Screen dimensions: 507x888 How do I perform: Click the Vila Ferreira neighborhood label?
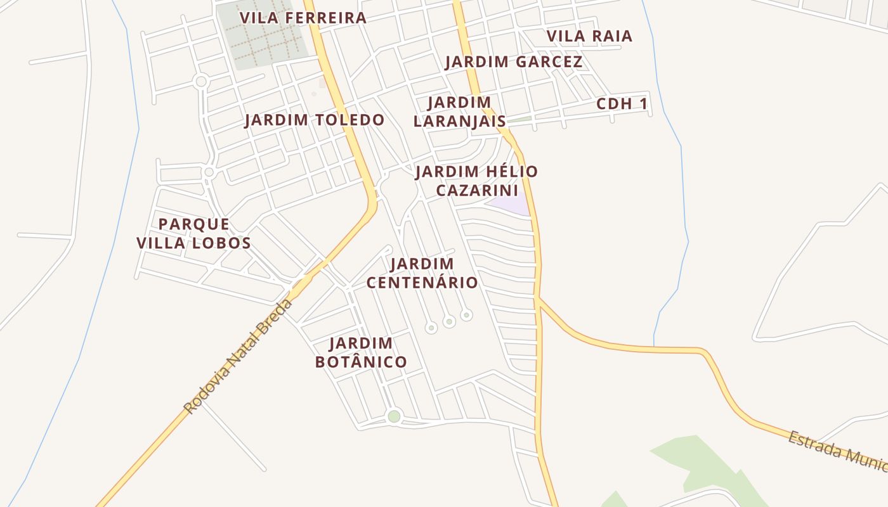pyautogui.click(x=303, y=18)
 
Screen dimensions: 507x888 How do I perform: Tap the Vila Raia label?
pyautogui.click(x=589, y=36)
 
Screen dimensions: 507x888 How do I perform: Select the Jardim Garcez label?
pyautogui.click(x=513, y=62)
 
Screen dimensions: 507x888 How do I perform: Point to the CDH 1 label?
pyautogui.click(x=622, y=104)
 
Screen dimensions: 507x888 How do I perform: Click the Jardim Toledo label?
pyautogui.click(x=315, y=120)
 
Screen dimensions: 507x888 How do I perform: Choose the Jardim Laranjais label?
pyautogui.click(x=459, y=112)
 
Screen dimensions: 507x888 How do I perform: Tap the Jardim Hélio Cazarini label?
pyautogui.click(x=476, y=181)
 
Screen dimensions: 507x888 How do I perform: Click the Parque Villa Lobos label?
pyautogui.click(x=193, y=233)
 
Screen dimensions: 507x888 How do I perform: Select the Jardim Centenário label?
pyautogui.click(x=422, y=273)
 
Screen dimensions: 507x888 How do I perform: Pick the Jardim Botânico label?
pyautogui.click(x=361, y=353)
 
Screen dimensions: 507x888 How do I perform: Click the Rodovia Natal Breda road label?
pyautogui.click(x=238, y=357)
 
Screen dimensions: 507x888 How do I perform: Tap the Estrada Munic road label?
pyautogui.click(x=837, y=451)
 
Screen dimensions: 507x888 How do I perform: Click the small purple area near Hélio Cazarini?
pyautogui.click(x=512, y=205)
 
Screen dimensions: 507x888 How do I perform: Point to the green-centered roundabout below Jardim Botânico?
pyautogui.click(x=394, y=416)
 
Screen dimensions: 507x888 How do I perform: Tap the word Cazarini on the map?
pyautogui.click(x=477, y=190)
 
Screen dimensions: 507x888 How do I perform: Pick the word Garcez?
pyautogui.click(x=549, y=62)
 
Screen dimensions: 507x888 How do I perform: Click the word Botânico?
pyautogui.click(x=361, y=362)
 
